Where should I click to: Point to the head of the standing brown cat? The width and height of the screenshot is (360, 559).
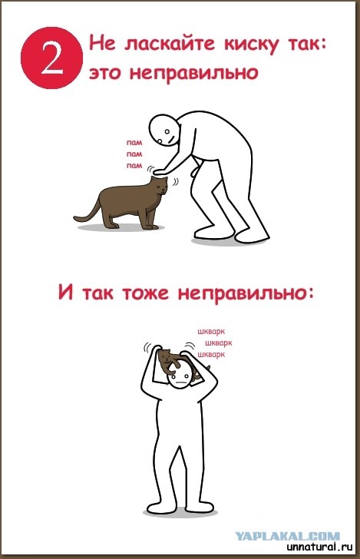pyautogui.click(x=158, y=187)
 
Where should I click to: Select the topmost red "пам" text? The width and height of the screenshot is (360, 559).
pyautogui.click(x=134, y=143)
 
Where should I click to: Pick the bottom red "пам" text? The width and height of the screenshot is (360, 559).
pyautogui.click(x=134, y=165)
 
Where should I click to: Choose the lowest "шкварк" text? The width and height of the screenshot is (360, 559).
pyautogui.click(x=211, y=355)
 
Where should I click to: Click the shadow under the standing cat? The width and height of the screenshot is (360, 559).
pyautogui.click(x=123, y=227)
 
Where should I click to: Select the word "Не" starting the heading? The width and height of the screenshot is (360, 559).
pyautogui.click(x=100, y=45)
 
